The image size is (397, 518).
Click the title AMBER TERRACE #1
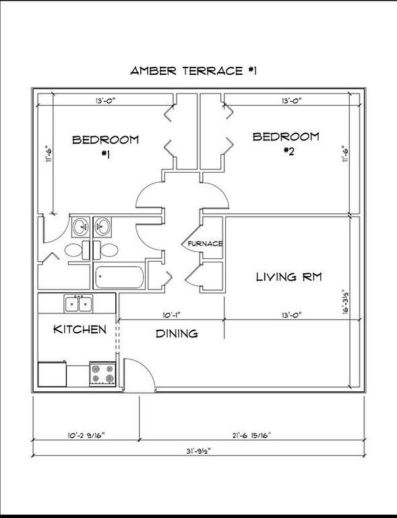pos(193,71)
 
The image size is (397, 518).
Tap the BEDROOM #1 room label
pos(106,146)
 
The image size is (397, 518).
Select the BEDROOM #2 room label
pos(286,143)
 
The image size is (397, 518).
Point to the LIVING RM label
pos(288,277)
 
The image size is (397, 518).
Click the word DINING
pos(177,334)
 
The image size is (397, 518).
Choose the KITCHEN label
pos(80,329)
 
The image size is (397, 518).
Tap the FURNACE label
pos(205,243)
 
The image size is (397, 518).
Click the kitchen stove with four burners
pos(102,374)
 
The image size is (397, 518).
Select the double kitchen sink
pos(79,304)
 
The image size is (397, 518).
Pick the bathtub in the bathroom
pos(119,277)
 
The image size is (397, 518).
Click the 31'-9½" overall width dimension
pos(198,451)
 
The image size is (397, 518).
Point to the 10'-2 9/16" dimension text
pos(86,435)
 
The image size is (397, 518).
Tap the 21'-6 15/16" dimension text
pos(251,435)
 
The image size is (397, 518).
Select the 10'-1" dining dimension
pos(171,315)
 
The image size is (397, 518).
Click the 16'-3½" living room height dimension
pos(346,301)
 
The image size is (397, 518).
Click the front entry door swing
pos(140,375)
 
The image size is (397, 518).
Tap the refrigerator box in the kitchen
pos(52,374)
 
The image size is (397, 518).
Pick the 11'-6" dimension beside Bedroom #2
pos(345,154)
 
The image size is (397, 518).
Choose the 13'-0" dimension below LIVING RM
pos(291,315)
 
